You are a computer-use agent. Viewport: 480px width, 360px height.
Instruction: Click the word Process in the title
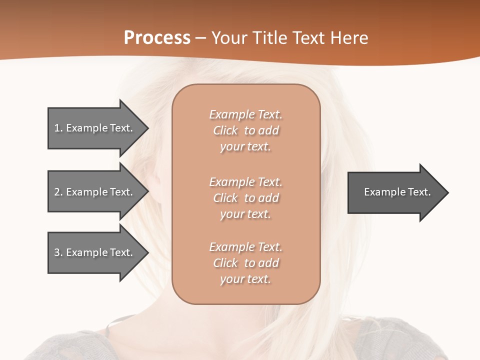click(157, 38)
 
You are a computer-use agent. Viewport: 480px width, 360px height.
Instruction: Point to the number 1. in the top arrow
click(58, 128)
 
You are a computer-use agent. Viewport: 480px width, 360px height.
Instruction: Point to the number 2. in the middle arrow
click(58, 192)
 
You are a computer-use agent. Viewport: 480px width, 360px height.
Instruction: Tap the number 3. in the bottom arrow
click(58, 252)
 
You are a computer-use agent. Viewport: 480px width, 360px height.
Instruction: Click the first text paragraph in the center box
click(245, 130)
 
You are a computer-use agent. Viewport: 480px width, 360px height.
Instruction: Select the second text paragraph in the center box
click(245, 198)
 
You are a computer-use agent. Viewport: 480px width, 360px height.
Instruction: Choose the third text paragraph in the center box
click(245, 263)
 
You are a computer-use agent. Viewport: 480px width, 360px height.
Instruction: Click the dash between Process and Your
click(201, 38)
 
